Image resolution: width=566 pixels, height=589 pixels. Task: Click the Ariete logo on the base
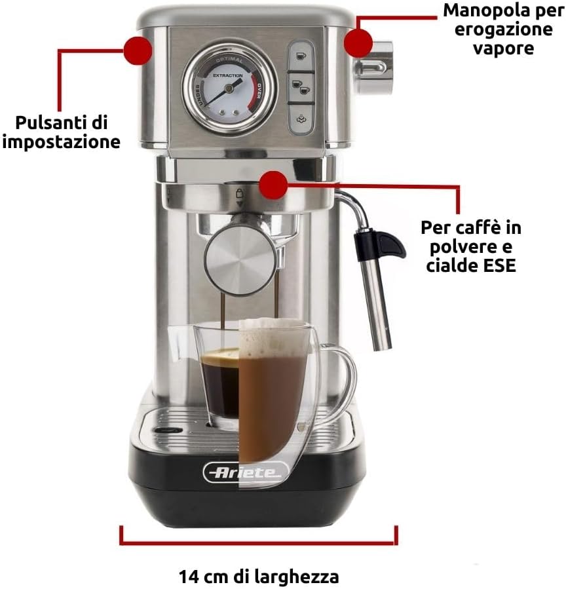click(246, 472)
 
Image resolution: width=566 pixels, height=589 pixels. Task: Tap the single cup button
click(301, 56)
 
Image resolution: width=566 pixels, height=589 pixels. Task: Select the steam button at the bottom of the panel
click(301, 119)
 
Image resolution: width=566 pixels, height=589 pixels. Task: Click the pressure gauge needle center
click(227, 88)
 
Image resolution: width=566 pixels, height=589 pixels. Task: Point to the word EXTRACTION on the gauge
click(228, 75)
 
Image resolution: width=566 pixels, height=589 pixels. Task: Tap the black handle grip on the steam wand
click(379, 246)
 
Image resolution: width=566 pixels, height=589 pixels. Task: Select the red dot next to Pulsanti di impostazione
click(138, 50)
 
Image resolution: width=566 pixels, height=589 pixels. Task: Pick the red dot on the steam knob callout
click(358, 43)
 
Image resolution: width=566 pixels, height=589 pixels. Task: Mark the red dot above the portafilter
click(273, 185)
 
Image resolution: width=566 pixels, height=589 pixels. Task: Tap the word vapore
click(503, 48)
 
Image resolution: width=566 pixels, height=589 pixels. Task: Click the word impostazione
click(61, 142)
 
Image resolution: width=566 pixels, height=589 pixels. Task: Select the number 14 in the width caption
click(189, 577)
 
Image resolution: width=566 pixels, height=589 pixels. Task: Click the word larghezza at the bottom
click(294, 577)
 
